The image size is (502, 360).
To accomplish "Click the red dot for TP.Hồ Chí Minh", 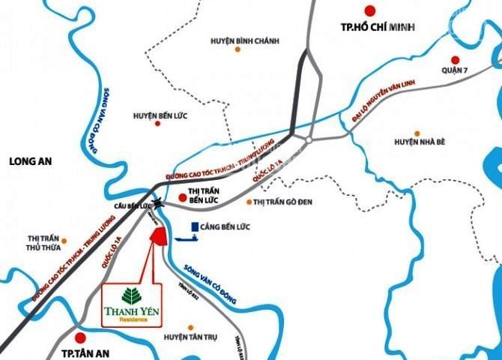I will pos(368,10).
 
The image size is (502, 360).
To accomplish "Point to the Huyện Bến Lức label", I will pos(159,116).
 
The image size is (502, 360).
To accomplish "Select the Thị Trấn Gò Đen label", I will pos(282,202).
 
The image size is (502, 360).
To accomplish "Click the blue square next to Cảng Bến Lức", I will pos(194,226).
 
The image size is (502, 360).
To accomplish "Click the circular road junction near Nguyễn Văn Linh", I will pos(308,139).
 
